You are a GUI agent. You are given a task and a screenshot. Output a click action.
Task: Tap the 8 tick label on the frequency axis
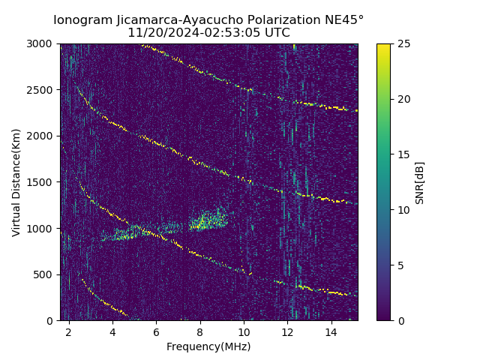200,331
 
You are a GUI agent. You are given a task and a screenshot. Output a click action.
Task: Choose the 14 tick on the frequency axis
331,331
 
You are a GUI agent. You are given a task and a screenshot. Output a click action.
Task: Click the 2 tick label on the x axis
69,331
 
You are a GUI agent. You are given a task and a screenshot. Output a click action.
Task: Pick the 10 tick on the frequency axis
244,331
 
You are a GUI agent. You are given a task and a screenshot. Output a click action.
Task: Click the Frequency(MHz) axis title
208,346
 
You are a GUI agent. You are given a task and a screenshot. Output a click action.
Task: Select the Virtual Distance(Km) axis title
16,182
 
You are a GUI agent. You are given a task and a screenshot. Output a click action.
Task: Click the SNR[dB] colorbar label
420,182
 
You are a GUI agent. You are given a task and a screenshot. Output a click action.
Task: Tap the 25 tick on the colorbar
401,43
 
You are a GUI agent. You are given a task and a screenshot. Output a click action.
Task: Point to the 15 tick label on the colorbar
401,154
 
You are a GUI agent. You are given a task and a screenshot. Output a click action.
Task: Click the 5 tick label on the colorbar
398,265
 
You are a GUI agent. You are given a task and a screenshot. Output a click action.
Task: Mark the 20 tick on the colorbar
401,99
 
